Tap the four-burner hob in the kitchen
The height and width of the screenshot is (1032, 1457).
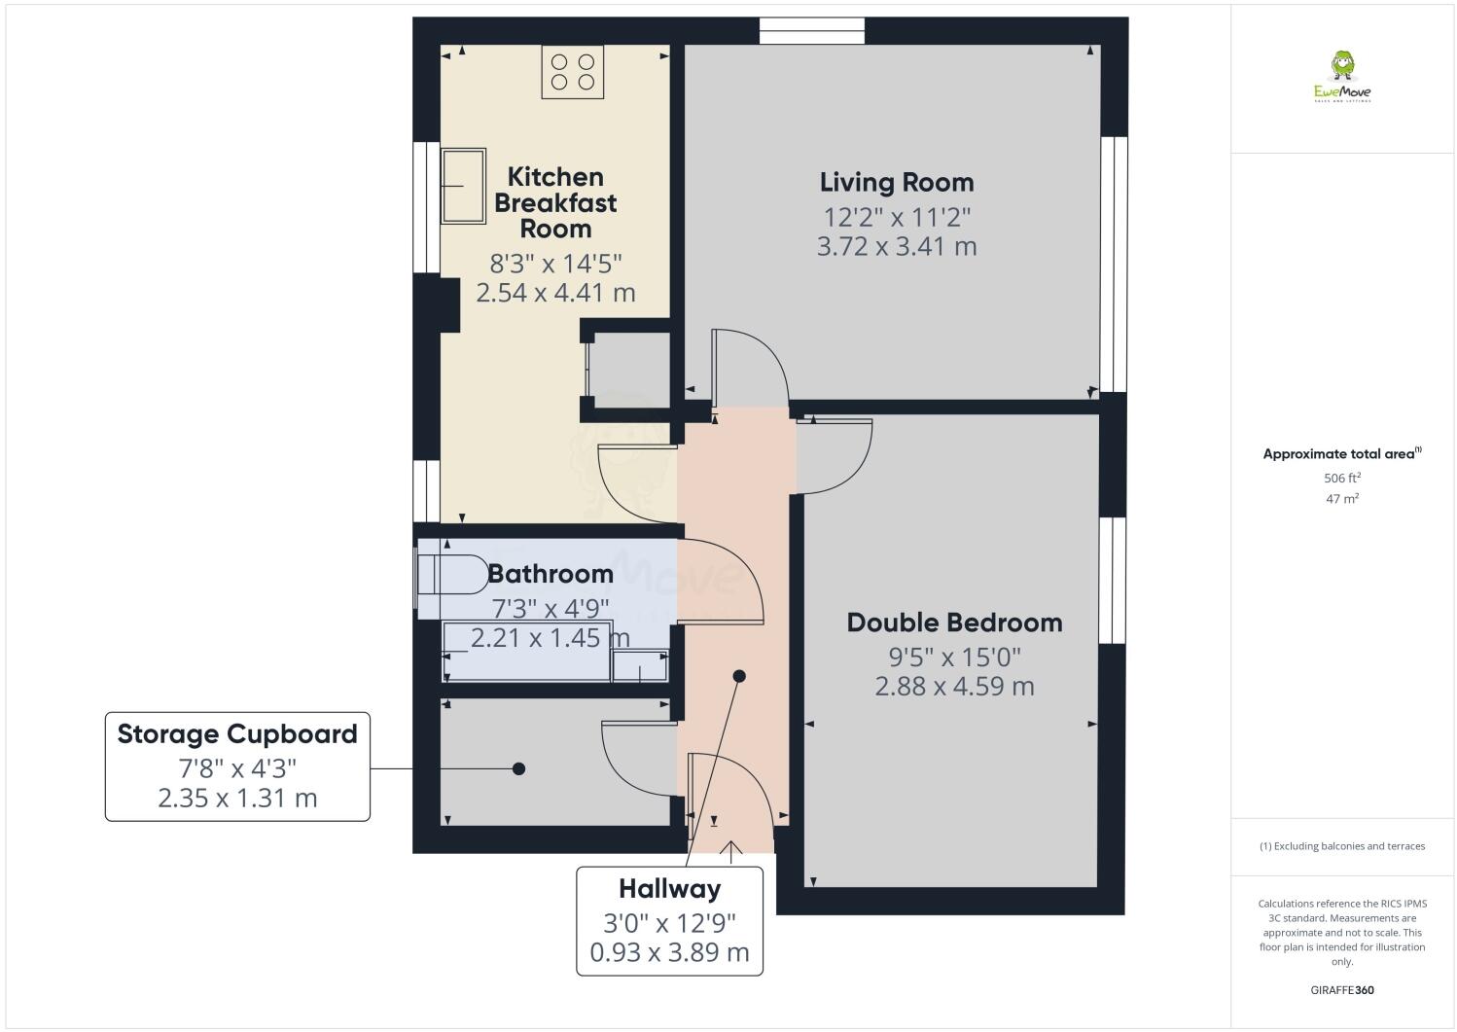point(573,73)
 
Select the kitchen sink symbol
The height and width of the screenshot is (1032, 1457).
point(463,186)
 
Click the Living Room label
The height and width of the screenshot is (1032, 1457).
point(896,182)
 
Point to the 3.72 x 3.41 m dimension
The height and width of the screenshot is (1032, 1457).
point(896,246)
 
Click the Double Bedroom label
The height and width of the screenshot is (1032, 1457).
point(954,623)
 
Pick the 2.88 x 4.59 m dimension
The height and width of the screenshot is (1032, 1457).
point(954,686)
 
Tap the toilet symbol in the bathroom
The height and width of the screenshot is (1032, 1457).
point(452,574)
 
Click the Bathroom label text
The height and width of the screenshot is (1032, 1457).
point(551,574)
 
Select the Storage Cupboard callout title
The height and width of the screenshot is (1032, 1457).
point(237,733)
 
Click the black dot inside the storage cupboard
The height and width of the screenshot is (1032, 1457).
point(518,768)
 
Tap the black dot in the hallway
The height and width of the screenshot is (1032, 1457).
point(739,676)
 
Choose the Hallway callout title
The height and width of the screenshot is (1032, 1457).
point(670,888)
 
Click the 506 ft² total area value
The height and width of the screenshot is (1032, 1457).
point(1341,478)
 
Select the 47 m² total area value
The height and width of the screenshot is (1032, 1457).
point(1341,498)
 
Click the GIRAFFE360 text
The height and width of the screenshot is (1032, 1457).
point(1341,990)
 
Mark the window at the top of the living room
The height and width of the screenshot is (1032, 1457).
point(811,31)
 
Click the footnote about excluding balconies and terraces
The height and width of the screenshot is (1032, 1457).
point(1341,846)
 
